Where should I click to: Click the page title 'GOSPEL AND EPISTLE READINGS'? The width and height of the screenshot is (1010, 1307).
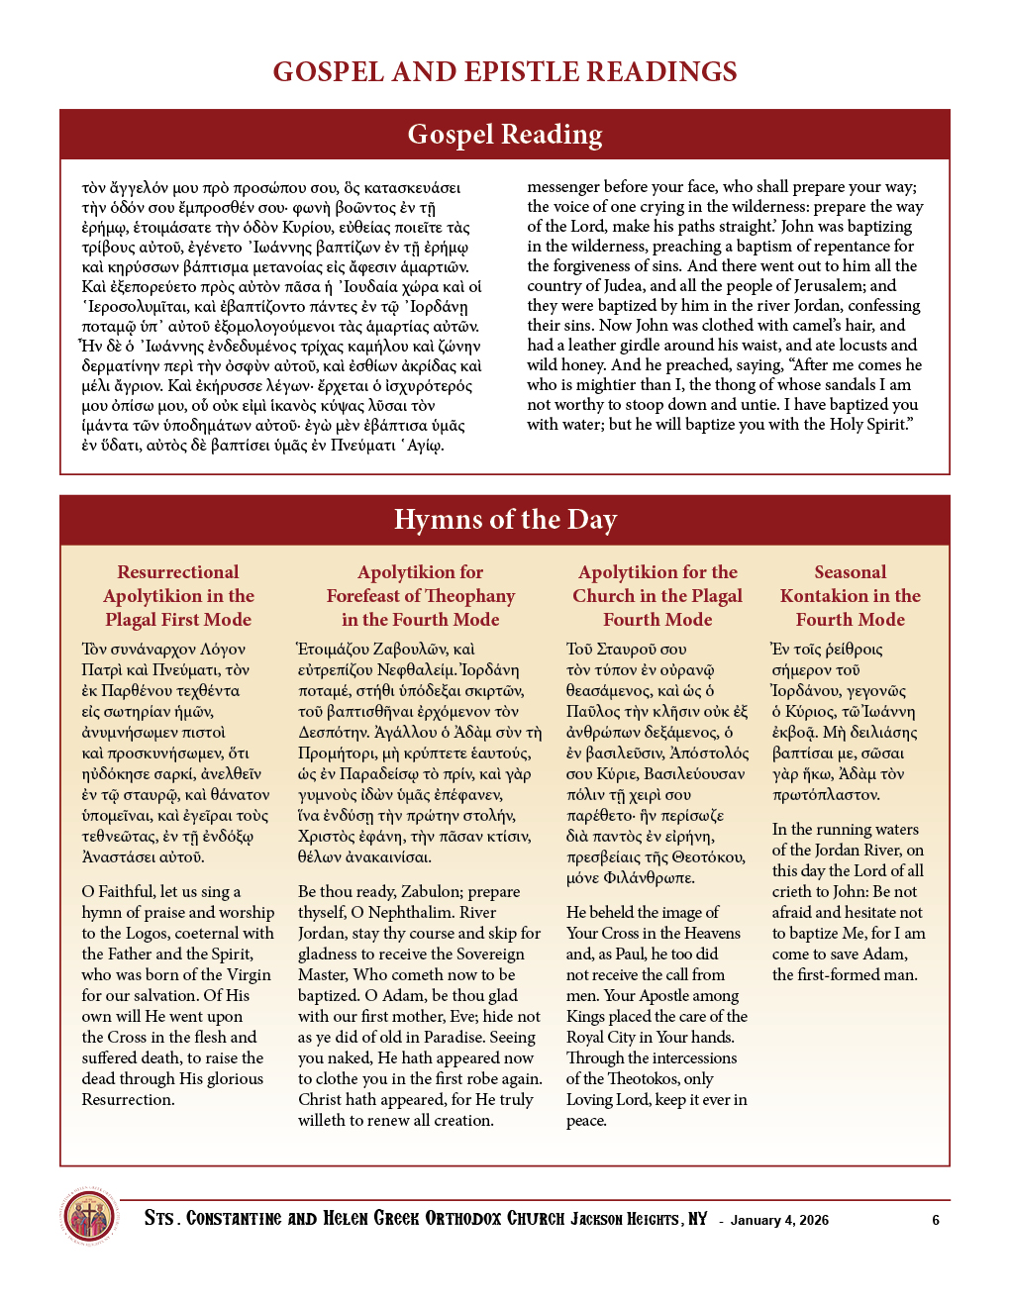(x=505, y=71)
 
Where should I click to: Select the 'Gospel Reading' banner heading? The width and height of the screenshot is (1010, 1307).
(x=505, y=134)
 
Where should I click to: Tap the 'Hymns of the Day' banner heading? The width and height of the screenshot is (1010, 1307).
(x=505, y=519)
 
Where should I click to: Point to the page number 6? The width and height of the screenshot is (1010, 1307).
(x=936, y=1220)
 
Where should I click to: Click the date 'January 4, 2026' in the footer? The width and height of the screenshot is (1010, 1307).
(x=779, y=1220)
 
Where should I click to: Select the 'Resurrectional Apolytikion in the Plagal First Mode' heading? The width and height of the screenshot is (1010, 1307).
(x=178, y=595)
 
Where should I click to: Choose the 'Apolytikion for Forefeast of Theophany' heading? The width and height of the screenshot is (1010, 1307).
(x=421, y=595)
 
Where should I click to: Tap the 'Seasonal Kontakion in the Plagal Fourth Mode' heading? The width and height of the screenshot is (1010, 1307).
(x=850, y=595)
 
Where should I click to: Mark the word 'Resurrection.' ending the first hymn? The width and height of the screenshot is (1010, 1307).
(x=128, y=1099)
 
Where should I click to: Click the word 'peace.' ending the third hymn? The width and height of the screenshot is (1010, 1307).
(x=586, y=1120)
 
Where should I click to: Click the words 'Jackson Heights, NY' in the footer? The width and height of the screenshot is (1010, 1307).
(x=639, y=1219)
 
